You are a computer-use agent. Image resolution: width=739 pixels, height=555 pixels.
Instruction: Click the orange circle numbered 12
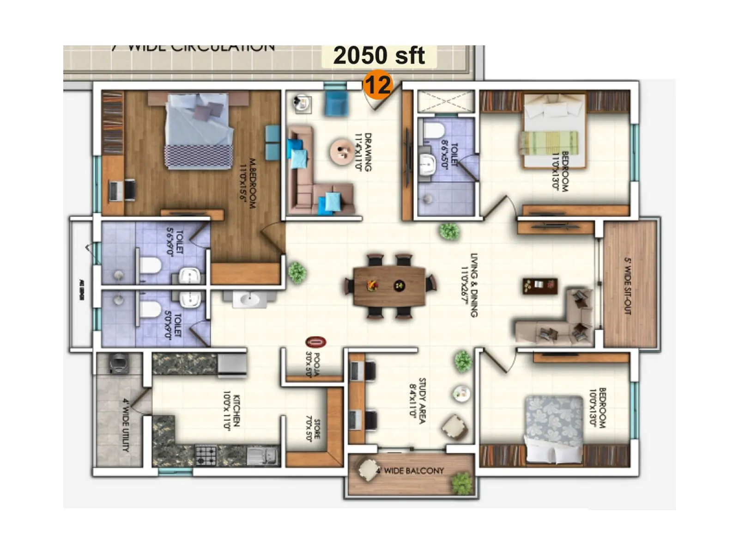pyautogui.click(x=377, y=85)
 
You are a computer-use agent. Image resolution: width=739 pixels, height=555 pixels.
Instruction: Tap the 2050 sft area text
pyautogui.click(x=379, y=56)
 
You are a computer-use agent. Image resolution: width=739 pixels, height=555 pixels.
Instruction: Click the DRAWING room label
pyautogui.click(x=363, y=152)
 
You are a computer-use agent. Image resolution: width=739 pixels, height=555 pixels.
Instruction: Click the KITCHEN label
pyautogui.click(x=232, y=411)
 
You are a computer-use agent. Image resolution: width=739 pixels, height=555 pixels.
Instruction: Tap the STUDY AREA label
pyautogui.click(x=418, y=400)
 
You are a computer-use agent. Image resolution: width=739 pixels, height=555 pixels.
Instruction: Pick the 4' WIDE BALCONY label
pyautogui.click(x=410, y=471)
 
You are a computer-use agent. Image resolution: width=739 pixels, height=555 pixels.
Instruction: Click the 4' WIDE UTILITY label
pyautogui.click(x=126, y=425)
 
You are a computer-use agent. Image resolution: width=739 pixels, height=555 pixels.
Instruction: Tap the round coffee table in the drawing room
pyautogui.click(x=342, y=151)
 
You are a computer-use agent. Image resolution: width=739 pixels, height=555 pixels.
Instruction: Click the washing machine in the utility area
pyautogui.click(x=118, y=363)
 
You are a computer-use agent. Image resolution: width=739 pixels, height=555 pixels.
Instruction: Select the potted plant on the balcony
pyautogui.click(x=462, y=483)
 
